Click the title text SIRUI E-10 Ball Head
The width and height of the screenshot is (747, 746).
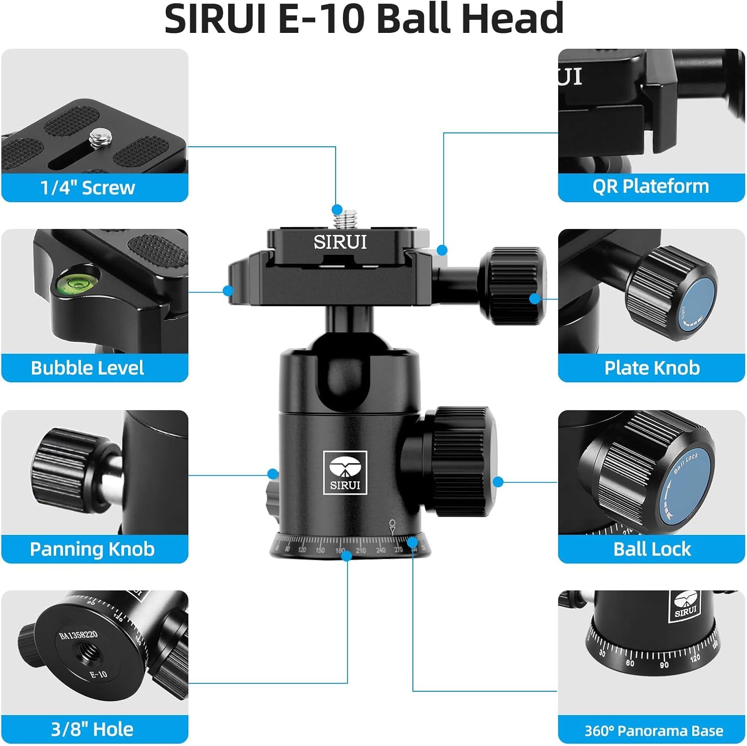coord(364,19)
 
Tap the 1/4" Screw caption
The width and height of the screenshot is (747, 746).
coord(88,188)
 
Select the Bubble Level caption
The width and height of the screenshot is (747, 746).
coord(87,368)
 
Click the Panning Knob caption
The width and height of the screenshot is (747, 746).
coord(92,549)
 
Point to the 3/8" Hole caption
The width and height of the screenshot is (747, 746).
coord(92,729)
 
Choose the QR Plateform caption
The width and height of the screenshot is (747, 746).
coord(650,186)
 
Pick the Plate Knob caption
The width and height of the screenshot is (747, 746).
coord(652,368)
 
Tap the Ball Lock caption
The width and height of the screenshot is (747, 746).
coord(652,549)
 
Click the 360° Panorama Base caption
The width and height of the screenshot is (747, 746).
coord(653,731)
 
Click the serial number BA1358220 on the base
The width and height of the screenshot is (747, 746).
coord(78,636)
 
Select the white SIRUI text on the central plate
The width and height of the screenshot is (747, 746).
coord(340,242)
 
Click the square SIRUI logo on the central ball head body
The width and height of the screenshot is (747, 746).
coord(345,472)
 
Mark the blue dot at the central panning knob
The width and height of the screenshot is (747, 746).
coord(272,474)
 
